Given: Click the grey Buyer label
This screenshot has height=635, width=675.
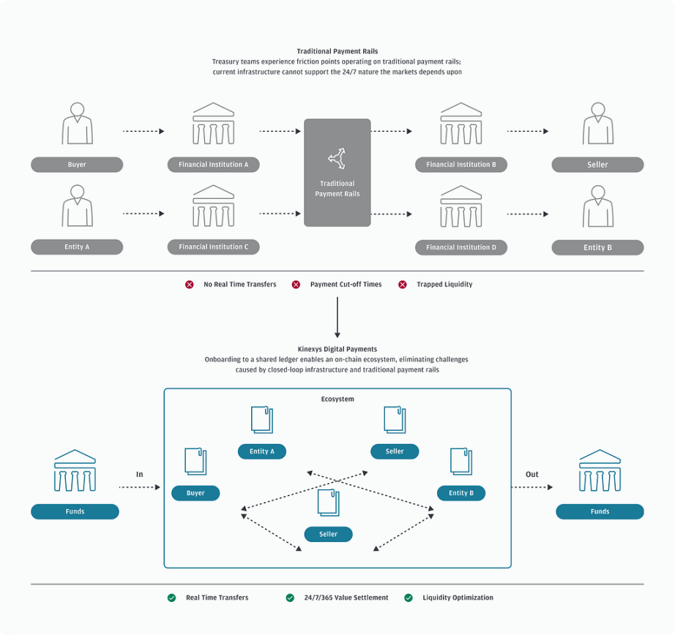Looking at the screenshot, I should click(77, 165).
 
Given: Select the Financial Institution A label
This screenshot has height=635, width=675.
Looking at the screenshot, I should click(213, 165).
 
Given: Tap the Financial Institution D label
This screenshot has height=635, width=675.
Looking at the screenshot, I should click(461, 247).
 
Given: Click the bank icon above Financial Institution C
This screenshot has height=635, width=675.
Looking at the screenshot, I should click(213, 206).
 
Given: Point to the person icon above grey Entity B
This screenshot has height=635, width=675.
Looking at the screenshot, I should click(597, 206).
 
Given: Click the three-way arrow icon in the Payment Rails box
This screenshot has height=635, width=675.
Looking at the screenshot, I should click(337, 157).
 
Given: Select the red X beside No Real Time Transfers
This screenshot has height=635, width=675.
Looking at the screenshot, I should click(190, 285).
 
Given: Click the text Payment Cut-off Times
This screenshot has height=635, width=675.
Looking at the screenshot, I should click(346, 285).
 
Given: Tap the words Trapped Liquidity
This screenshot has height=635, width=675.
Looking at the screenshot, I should click(444, 285).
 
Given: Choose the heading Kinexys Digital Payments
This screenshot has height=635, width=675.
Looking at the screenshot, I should click(337, 349).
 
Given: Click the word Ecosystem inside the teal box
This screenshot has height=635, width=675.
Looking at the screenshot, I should click(337, 399).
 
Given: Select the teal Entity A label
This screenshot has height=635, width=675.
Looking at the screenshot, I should click(261, 451).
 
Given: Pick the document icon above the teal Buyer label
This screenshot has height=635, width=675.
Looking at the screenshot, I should click(195, 461).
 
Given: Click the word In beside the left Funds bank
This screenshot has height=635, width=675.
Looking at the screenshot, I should click(139, 474).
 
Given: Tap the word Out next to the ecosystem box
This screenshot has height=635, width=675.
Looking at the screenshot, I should click(532, 474).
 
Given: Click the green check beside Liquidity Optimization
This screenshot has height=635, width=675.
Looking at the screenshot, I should click(409, 598).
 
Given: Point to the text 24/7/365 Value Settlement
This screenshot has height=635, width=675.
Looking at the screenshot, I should click(346, 598).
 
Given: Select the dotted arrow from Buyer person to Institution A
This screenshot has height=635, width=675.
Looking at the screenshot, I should click(143, 131).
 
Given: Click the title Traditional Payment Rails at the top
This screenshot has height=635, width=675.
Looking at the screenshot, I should click(337, 51).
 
